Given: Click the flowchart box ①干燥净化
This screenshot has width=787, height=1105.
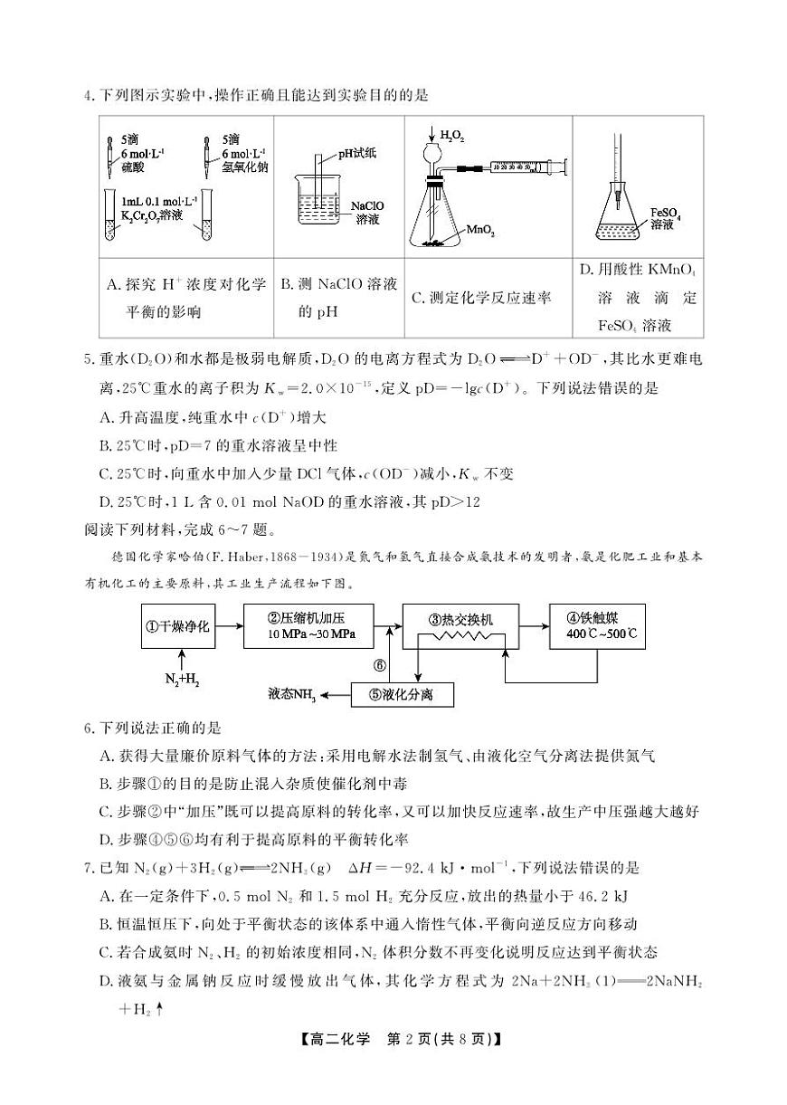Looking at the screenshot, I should click(x=180, y=626).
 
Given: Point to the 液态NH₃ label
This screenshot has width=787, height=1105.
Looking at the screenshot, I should click(x=291, y=695).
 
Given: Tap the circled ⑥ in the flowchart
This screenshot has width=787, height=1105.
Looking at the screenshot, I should click(x=380, y=666).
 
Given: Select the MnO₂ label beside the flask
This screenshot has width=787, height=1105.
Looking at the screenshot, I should click(x=480, y=232).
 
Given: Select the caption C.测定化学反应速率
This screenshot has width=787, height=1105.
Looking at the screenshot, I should click(x=480, y=298).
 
